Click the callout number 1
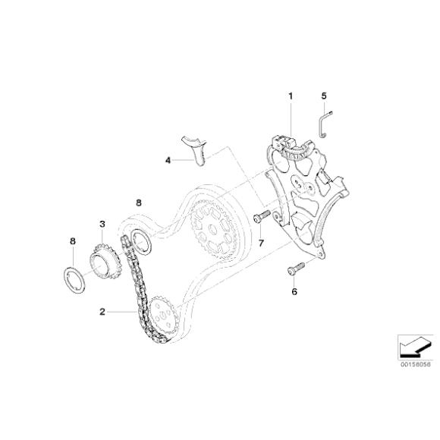(x=289, y=96)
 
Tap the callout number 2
(x=102, y=311)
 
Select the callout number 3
(x=101, y=224)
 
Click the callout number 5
(x=324, y=96)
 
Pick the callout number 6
(x=294, y=291)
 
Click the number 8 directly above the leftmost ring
(x=72, y=240)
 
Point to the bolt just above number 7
(x=260, y=219)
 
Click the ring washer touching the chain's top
(x=140, y=244)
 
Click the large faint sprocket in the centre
(x=215, y=227)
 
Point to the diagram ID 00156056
(x=410, y=364)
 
